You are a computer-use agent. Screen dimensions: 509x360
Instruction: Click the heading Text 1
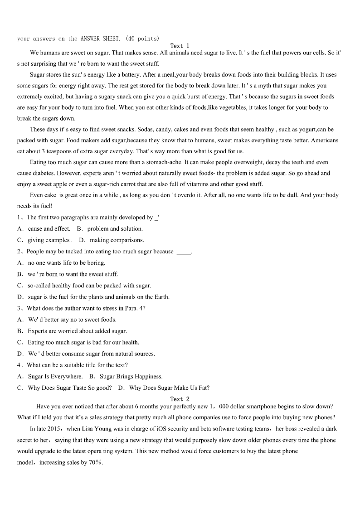click(180, 46)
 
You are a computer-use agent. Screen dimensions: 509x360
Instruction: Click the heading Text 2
click(180, 399)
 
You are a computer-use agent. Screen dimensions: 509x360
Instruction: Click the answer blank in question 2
click(183, 252)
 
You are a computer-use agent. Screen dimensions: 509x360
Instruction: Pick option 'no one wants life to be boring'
click(66, 262)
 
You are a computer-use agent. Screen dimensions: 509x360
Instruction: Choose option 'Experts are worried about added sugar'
click(77, 331)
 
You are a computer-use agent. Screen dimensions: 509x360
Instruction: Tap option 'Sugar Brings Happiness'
click(131, 376)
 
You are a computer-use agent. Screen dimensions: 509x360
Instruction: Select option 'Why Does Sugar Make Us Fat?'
click(169, 388)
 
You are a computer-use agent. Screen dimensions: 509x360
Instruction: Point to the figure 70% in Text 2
click(95, 463)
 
